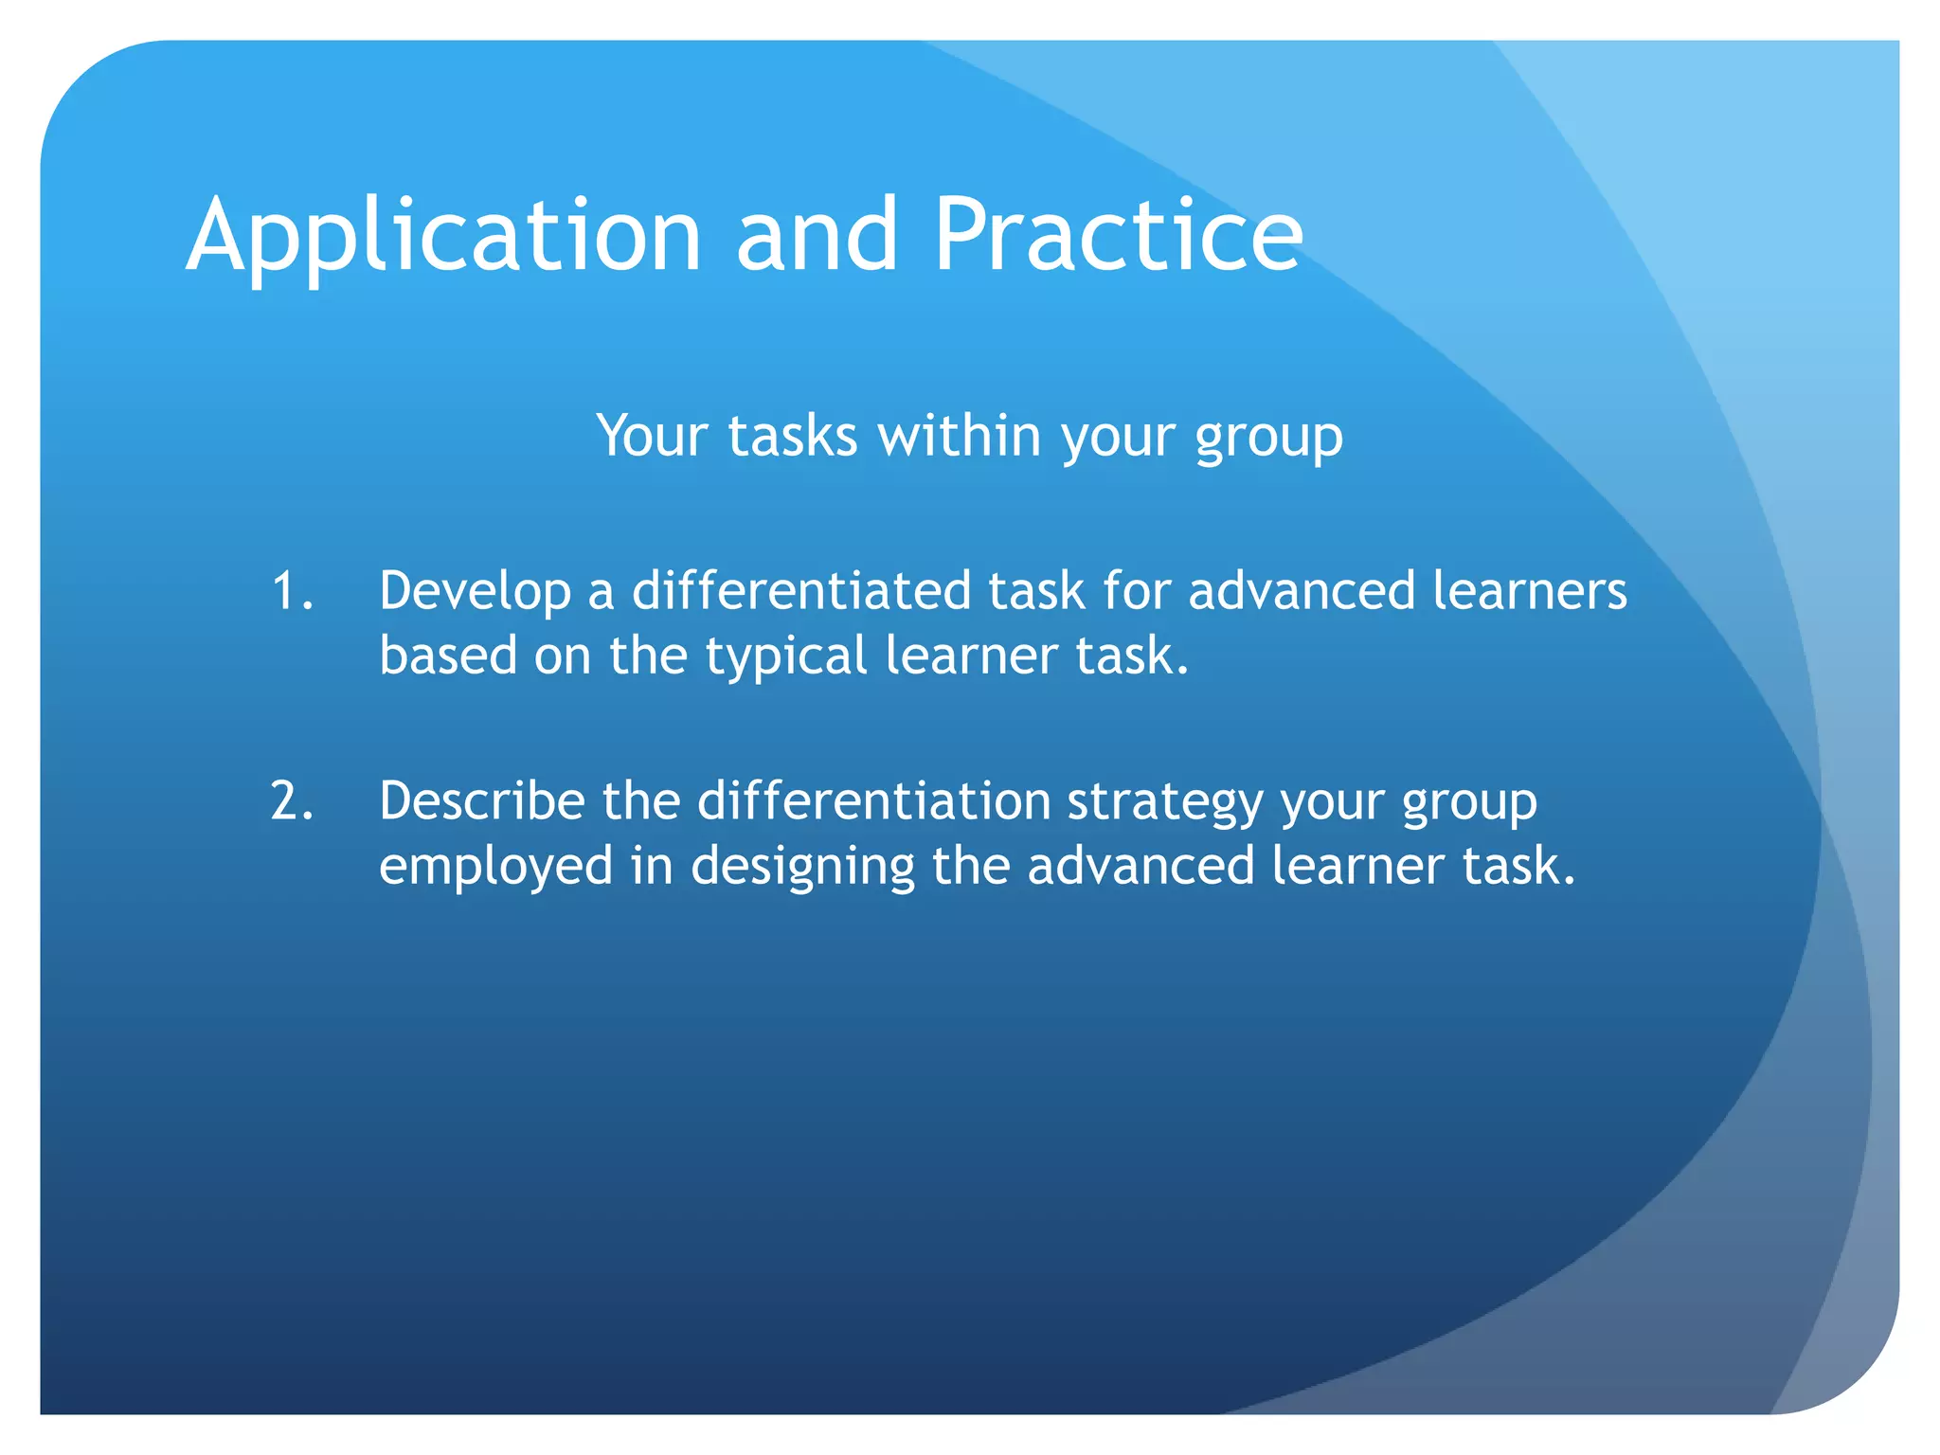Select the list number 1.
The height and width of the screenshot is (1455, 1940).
[291, 591]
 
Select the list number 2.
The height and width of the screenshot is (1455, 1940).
[291, 801]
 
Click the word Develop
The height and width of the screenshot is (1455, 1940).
[475, 591]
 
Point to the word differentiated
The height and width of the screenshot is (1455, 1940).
[801, 591]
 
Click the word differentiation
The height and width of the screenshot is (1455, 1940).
[873, 801]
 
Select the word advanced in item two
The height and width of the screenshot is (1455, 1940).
[1141, 866]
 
